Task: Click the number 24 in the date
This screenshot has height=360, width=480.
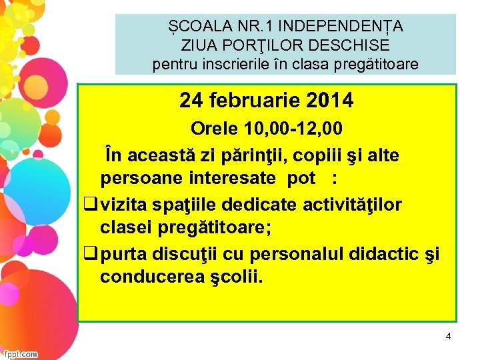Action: pos(191,101)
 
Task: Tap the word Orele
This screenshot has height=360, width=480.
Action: pos(215,128)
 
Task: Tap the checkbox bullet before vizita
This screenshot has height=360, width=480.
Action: pos(88,203)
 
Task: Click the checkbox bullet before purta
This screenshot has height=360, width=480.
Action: pos(88,253)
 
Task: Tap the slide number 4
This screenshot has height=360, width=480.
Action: pos(448,337)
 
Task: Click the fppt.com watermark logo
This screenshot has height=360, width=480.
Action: pos(20,354)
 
